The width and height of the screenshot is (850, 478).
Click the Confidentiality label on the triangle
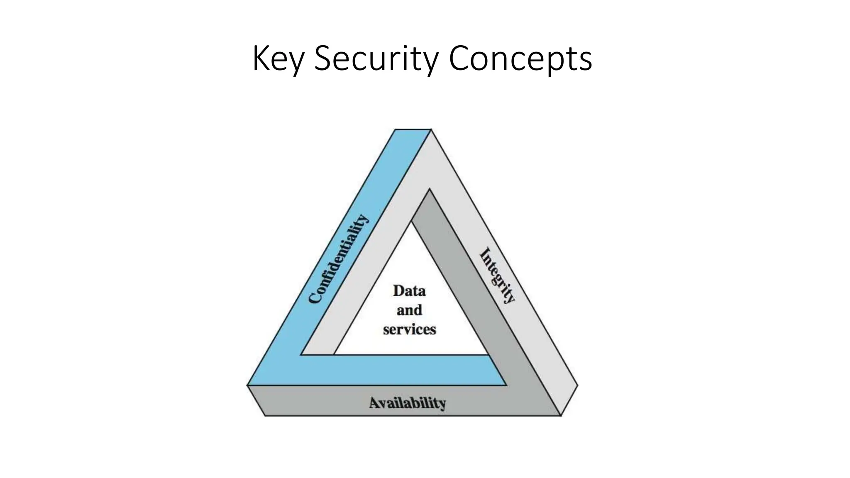(338, 259)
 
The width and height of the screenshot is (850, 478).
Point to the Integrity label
(497, 276)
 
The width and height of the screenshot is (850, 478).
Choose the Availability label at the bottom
(408, 403)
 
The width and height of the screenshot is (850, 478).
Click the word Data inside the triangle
(409, 291)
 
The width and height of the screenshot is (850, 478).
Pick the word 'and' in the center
(409, 310)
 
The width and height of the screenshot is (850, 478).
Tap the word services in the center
(409, 329)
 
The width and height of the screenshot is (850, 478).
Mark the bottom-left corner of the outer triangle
(248, 385)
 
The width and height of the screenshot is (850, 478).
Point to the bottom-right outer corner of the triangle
(577, 385)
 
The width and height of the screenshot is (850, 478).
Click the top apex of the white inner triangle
(411, 222)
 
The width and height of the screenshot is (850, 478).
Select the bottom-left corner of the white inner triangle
(335, 354)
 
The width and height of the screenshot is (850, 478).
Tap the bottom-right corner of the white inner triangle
(488, 354)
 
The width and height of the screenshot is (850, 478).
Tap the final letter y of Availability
(442, 404)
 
